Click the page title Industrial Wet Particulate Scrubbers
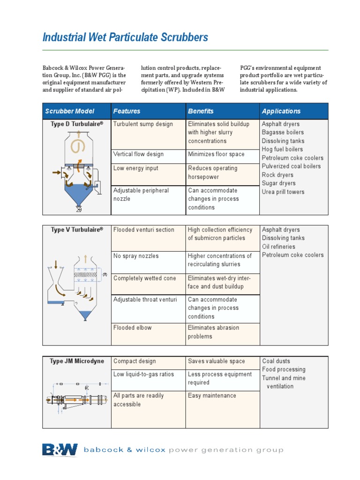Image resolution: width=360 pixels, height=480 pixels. point(125,37)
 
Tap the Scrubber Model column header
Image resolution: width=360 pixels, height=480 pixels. point(69,111)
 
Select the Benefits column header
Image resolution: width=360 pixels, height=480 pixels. point(201,111)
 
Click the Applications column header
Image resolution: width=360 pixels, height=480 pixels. point(281,111)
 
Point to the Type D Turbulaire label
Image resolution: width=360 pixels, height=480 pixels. point(76,124)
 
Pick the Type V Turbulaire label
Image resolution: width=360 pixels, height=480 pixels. point(76,230)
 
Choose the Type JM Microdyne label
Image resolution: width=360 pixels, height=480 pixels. point(76,361)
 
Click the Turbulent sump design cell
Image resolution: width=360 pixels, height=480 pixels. point(143,124)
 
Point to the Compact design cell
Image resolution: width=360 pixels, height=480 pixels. point(135,361)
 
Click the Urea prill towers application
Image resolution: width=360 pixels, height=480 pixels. point(283,192)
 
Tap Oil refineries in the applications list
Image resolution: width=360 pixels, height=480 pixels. point(278,247)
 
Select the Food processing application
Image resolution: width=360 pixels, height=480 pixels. point(284,369)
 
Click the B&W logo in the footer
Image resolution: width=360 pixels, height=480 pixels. point(60,450)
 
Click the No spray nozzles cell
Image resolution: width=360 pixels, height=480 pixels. point(136,256)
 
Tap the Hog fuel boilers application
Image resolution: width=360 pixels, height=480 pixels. point(282,150)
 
